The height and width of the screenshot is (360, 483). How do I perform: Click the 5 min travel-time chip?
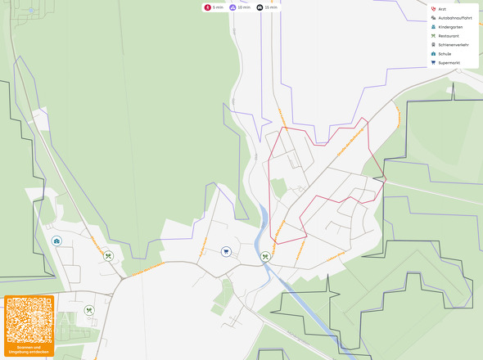click(x=214, y=7)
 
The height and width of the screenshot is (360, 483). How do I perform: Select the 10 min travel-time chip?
click(x=239, y=7)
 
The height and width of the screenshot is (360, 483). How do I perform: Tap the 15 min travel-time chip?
click(x=267, y=7)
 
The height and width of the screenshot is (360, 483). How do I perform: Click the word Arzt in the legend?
click(x=443, y=9)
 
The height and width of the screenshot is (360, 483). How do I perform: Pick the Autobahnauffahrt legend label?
click(x=454, y=18)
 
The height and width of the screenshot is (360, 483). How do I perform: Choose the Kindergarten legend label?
click(x=451, y=27)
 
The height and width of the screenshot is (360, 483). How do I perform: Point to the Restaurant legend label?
click(x=449, y=36)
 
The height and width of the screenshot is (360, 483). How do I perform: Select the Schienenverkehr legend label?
click(x=453, y=45)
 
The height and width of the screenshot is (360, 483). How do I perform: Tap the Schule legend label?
click(x=445, y=54)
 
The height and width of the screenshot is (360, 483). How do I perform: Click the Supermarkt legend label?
click(x=449, y=63)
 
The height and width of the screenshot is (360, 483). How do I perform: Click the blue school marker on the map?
click(x=56, y=241)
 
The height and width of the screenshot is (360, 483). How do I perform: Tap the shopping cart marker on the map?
click(x=226, y=252)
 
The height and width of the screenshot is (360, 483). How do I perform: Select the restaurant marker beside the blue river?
click(x=265, y=257)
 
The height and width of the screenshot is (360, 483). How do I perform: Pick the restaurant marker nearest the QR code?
click(x=89, y=310)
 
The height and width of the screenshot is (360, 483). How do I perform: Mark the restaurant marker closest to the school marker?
click(x=108, y=255)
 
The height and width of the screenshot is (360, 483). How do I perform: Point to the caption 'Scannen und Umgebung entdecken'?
click(x=29, y=349)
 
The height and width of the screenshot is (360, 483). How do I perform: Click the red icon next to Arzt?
click(x=433, y=9)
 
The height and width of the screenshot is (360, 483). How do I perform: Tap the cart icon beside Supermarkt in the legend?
click(x=433, y=63)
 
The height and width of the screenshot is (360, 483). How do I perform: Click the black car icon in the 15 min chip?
click(x=260, y=7)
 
